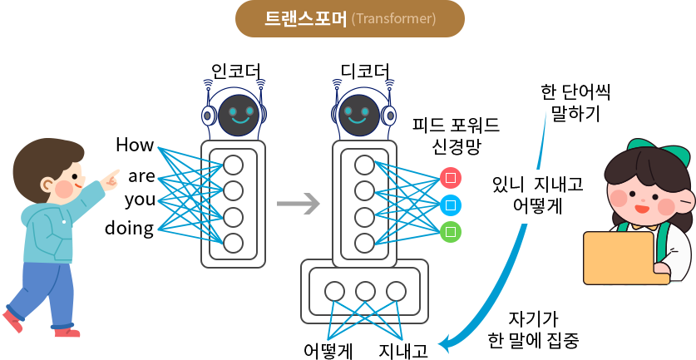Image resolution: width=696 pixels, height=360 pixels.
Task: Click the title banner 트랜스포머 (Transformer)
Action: [x=349, y=18]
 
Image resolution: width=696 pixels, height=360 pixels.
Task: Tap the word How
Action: [x=134, y=145]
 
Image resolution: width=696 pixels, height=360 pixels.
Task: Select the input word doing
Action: [x=129, y=228]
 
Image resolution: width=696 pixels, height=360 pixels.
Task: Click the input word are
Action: [x=141, y=176]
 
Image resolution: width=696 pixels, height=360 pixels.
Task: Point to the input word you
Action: [x=139, y=200]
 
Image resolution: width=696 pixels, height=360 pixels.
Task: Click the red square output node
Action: [x=450, y=177]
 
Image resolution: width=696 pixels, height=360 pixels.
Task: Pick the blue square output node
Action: [x=450, y=204]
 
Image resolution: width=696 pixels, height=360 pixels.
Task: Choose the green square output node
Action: [x=450, y=230]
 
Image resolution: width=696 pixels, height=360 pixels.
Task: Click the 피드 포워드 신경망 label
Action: [x=456, y=136]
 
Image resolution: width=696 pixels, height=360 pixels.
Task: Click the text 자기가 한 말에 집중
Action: [x=533, y=329]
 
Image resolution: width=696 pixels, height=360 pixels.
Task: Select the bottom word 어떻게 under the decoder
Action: [x=328, y=350]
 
